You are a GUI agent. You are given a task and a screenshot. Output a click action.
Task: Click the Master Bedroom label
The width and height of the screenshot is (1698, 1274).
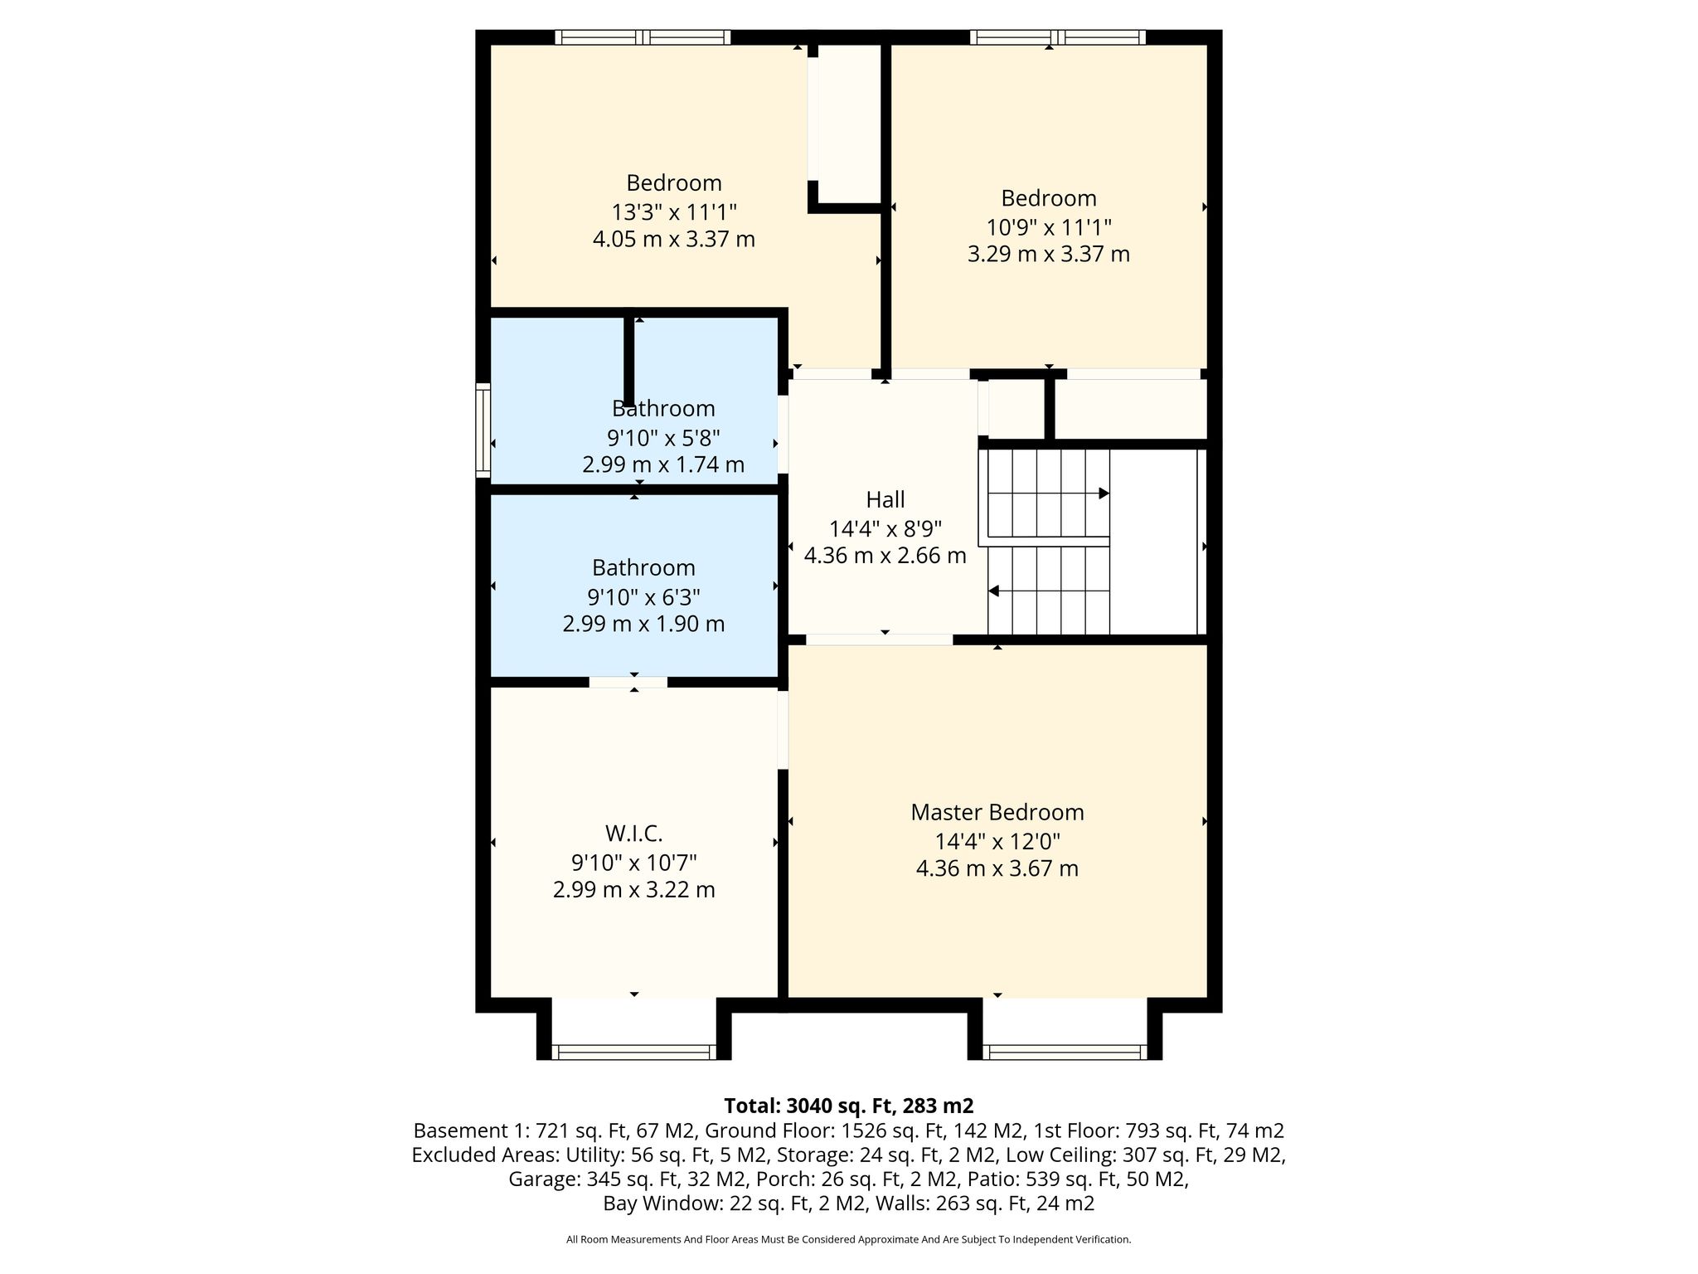[x=997, y=813]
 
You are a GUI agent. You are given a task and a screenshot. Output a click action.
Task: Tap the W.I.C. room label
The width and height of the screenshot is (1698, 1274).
[x=634, y=834]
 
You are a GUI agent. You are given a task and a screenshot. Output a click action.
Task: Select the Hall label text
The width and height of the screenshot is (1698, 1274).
[x=885, y=500]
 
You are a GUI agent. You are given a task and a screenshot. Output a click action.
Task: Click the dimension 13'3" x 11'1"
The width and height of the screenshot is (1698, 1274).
[x=674, y=212]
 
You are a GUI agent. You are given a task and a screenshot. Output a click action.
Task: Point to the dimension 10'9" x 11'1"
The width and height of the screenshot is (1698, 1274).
[x=1049, y=226]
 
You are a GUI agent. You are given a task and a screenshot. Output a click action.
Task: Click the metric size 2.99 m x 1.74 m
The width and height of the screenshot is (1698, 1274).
[x=663, y=464]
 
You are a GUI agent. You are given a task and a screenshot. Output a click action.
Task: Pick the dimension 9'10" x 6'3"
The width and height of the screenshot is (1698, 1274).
[x=643, y=596]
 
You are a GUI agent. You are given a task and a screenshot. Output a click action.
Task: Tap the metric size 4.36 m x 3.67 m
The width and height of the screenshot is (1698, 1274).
[x=997, y=869]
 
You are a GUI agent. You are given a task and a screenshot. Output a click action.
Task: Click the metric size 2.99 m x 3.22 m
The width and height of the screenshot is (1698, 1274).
[x=634, y=890]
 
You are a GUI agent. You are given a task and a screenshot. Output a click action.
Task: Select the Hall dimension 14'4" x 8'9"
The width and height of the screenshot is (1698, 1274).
[x=885, y=528]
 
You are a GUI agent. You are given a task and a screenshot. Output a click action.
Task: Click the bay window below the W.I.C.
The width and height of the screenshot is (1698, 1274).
[x=634, y=1052]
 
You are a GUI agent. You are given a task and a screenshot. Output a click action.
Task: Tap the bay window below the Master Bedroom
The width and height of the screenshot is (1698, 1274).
[x=1065, y=1052]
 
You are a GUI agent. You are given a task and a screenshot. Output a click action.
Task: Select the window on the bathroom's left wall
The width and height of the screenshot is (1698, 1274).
[x=483, y=430]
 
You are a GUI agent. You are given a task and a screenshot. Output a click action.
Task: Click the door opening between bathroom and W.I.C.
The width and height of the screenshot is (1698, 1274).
[x=628, y=683]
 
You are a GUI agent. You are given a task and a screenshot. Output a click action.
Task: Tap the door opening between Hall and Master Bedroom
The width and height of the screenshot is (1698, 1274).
[x=880, y=639]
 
